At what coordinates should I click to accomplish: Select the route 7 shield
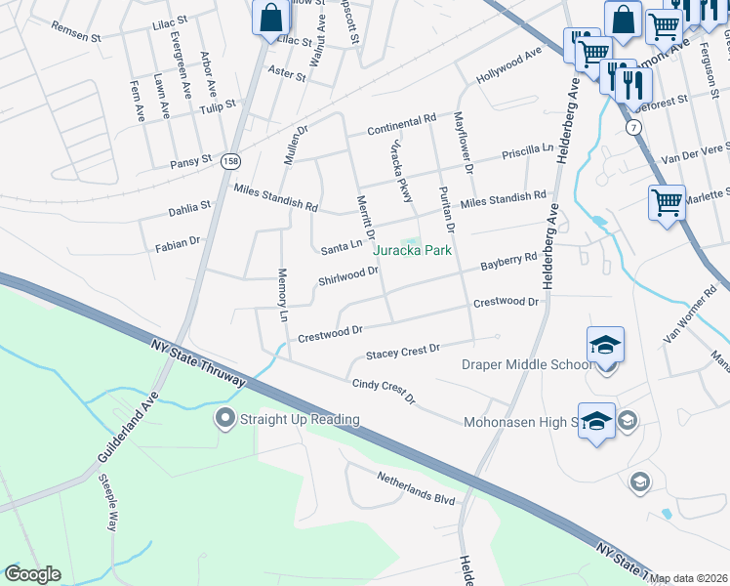coord(634,128)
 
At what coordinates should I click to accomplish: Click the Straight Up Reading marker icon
coord(224,420)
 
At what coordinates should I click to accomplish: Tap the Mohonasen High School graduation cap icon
coord(596,421)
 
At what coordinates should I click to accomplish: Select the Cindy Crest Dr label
coord(384,392)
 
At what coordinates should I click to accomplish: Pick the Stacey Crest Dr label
coord(403,351)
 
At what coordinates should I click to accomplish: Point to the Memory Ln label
coord(284,297)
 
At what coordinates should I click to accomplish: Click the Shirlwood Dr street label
coord(348,276)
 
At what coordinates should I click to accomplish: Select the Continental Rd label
coord(401,125)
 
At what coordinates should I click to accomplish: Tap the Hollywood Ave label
coord(508,67)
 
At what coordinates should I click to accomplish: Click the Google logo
coord(32,574)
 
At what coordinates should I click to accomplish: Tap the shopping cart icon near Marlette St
coord(667,203)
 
